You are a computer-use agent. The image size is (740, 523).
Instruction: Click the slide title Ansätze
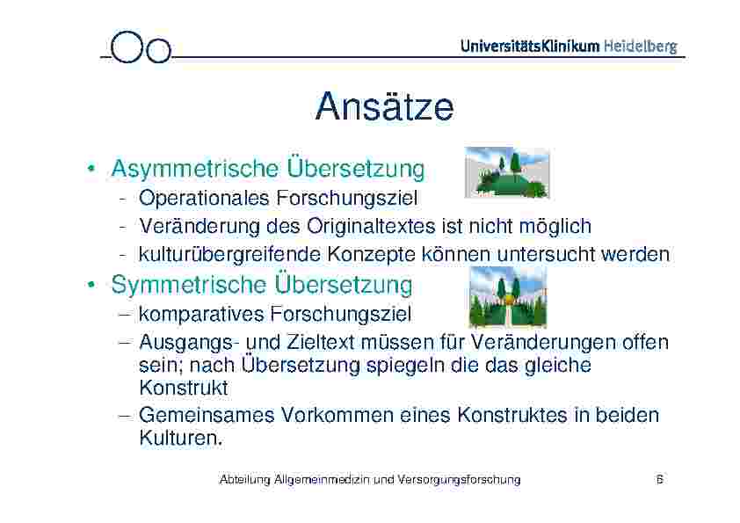tap(384, 107)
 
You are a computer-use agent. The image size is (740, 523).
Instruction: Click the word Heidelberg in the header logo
tap(640, 47)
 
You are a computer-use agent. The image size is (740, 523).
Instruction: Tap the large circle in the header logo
tap(128, 47)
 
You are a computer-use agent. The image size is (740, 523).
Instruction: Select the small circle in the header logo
tap(158, 51)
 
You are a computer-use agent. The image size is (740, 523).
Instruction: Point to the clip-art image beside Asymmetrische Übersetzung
tap(506, 172)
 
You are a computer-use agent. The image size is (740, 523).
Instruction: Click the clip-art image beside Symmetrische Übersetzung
tap(507, 297)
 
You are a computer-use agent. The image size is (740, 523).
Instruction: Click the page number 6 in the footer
tap(659, 479)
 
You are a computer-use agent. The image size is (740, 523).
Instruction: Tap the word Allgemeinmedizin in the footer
tap(322, 479)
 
